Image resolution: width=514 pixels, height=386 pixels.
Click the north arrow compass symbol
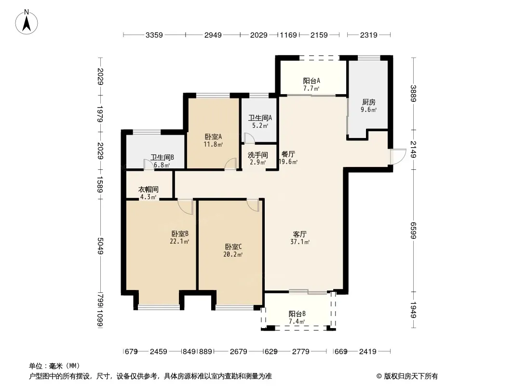coord(27,22)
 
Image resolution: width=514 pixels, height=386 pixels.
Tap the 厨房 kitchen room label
coord(369,102)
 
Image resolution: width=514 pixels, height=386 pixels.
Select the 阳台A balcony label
coord(311,81)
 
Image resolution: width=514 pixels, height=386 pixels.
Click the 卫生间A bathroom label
coord(260,118)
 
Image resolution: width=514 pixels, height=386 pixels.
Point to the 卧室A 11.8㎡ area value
coord(213,144)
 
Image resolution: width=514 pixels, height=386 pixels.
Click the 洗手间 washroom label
coord(257,155)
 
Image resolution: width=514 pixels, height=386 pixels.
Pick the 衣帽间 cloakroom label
coord(148,189)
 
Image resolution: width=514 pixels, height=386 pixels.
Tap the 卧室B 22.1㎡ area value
coord(179,242)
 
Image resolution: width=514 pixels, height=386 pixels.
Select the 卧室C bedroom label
coord(233,247)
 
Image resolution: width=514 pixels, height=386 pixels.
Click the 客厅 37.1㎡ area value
coord(300,242)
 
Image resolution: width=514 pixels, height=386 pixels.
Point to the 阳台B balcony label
coord(297,314)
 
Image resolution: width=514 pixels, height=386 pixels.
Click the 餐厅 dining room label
coord(288,154)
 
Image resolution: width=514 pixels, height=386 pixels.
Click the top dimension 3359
coord(154,35)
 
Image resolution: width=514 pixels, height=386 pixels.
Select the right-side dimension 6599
coord(413,231)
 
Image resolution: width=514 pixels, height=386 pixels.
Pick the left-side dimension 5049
coord(100,246)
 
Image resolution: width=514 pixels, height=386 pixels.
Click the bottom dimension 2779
coord(300,352)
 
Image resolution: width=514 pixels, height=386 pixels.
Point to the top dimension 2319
coord(369,35)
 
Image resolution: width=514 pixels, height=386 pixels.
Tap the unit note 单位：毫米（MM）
coord(54,366)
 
